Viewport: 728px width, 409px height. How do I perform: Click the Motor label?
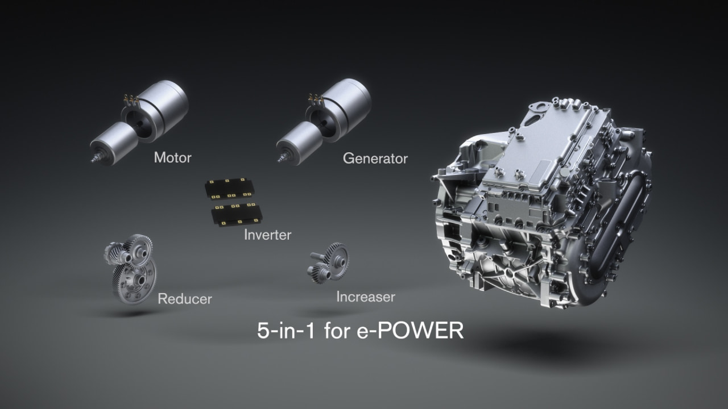172,157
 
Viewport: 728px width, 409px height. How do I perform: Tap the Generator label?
375,158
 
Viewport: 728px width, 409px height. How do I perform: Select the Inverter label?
267,234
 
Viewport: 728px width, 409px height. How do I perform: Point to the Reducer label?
185,298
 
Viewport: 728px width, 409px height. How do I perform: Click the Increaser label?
365,297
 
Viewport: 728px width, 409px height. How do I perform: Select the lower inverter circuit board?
236,215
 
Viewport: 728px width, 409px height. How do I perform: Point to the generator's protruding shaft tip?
280,160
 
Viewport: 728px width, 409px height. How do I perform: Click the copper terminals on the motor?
131,101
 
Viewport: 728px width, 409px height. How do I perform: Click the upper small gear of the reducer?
136,247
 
